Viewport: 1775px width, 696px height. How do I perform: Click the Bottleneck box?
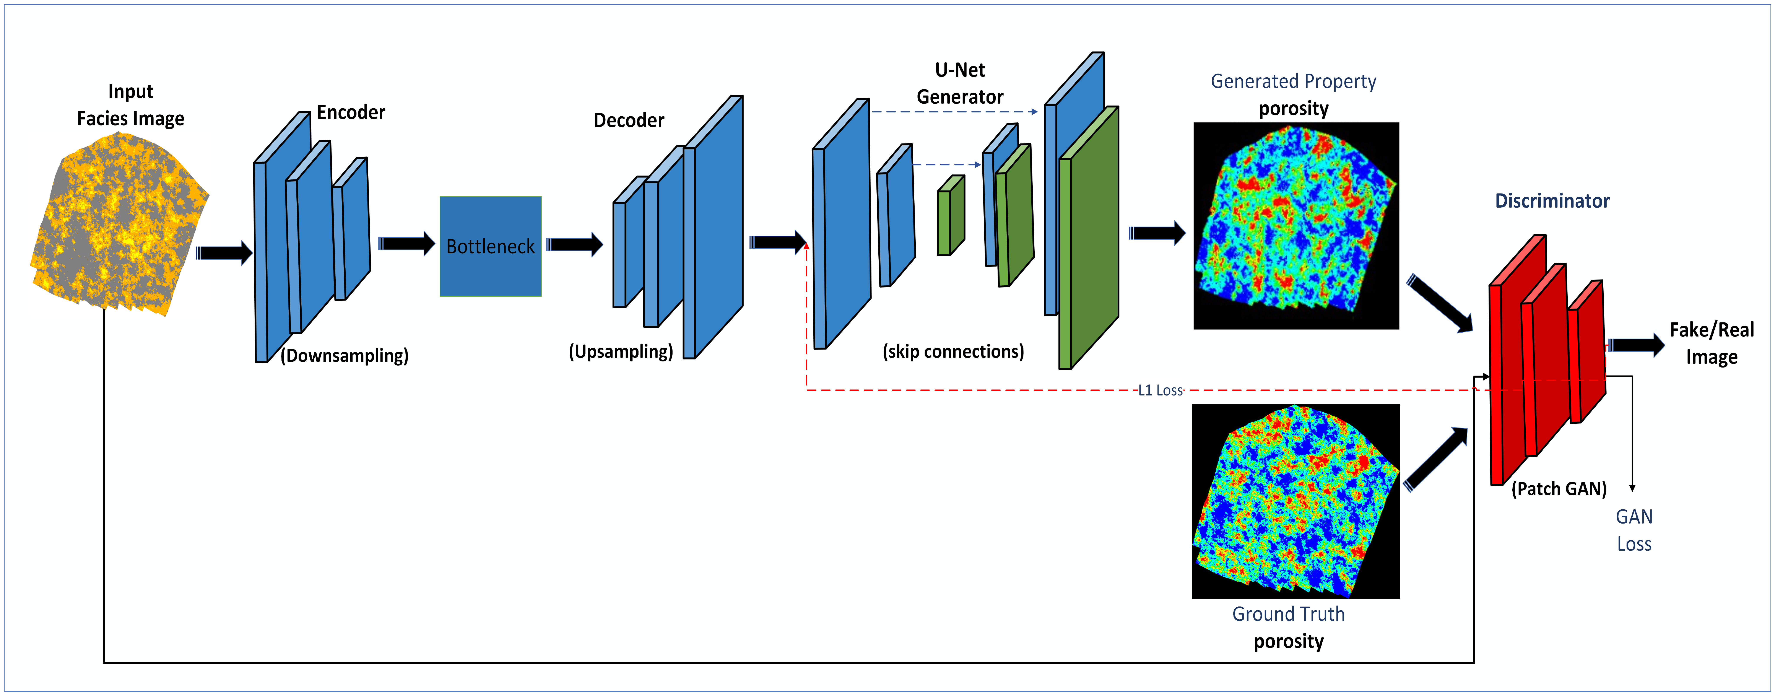coord(490,246)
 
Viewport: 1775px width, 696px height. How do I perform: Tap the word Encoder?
coord(351,112)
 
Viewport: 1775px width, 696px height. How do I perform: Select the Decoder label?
coord(628,121)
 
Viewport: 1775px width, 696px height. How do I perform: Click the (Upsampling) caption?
coord(620,351)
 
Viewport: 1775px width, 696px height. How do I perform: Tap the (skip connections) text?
coord(953,351)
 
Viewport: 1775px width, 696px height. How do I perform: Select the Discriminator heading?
coord(1552,201)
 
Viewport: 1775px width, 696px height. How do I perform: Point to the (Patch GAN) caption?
coord(1559,489)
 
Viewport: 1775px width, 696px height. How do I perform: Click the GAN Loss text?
coord(1634,530)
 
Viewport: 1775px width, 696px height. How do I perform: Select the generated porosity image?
coord(1295,225)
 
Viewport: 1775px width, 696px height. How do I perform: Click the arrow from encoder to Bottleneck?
coord(406,244)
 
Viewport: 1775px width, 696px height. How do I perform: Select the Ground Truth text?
coord(1288,614)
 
